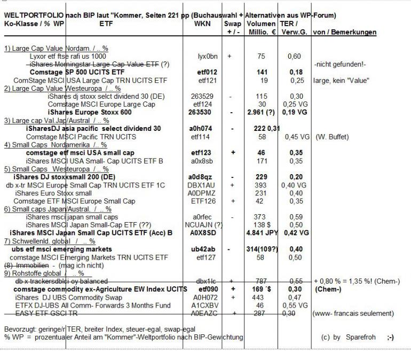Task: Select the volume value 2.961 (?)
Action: click(x=260, y=113)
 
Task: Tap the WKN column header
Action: click(x=202, y=24)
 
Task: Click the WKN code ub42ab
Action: click(x=203, y=249)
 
